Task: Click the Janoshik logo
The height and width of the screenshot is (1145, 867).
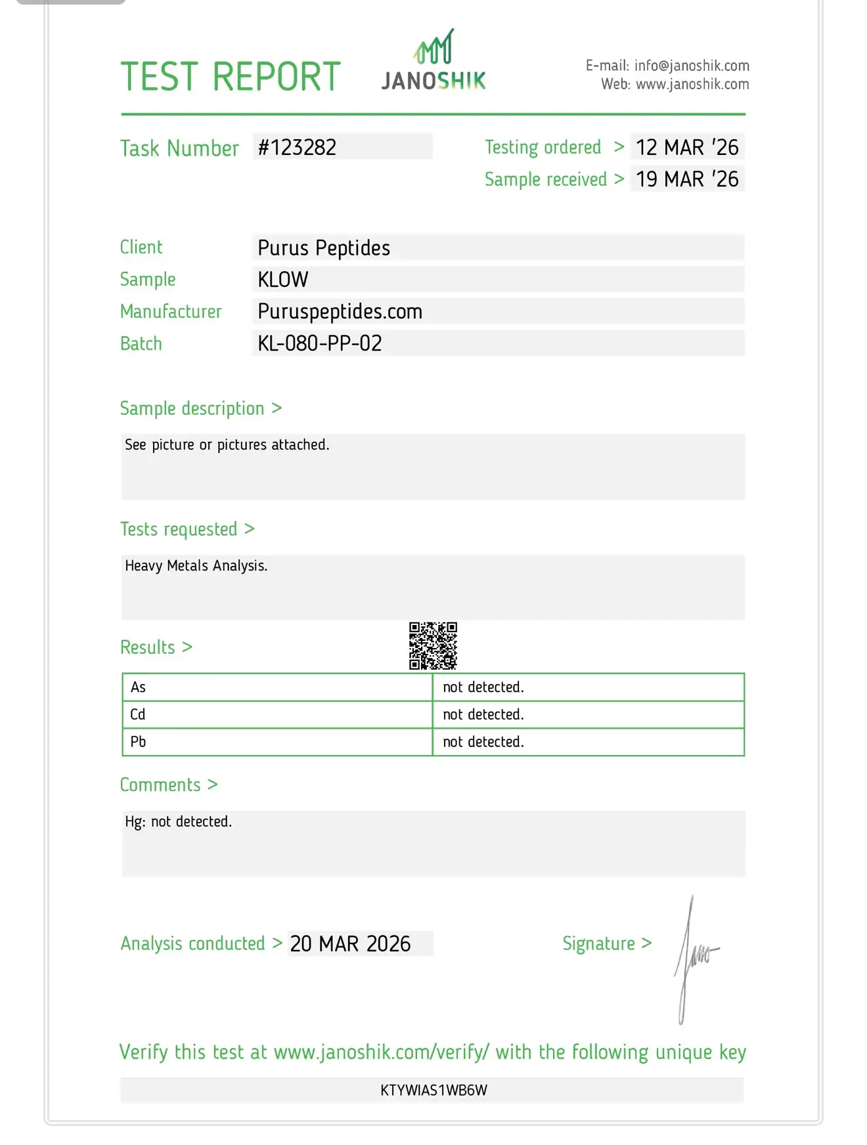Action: tap(433, 61)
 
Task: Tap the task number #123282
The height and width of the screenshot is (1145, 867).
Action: tap(297, 147)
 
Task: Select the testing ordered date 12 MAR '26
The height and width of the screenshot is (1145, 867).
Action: tap(687, 147)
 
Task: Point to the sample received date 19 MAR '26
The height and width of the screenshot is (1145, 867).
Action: tap(687, 179)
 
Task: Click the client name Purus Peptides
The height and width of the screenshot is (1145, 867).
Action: tap(324, 248)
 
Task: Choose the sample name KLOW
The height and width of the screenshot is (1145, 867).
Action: tap(283, 280)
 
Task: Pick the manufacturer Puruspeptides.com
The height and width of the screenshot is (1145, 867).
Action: tap(340, 312)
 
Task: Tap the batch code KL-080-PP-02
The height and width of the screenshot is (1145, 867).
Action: tap(320, 343)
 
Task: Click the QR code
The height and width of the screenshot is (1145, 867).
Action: tap(433, 646)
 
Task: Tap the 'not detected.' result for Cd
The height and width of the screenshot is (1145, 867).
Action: tap(483, 714)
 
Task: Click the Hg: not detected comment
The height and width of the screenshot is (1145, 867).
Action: tap(179, 822)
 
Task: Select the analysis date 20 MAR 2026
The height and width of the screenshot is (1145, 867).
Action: tap(350, 944)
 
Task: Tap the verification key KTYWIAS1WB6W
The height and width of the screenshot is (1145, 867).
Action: tap(433, 1091)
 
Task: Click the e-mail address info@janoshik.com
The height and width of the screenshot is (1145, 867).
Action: tap(692, 66)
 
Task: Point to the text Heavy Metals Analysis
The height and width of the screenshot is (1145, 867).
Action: tap(196, 566)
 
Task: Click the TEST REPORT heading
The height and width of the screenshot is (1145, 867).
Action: tap(231, 77)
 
